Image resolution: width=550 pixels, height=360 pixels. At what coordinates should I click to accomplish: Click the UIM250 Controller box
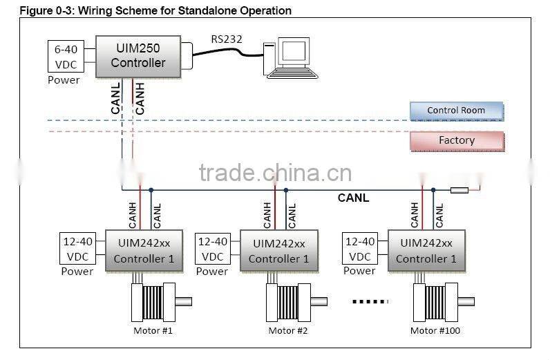tap(137, 55)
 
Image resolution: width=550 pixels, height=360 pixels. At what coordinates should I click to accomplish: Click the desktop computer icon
tap(288, 57)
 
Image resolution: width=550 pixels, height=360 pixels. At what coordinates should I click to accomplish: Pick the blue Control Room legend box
tap(456, 111)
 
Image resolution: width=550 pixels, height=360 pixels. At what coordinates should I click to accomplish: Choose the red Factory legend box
tap(456, 140)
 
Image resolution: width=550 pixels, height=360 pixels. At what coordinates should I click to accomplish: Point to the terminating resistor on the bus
tap(459, 190)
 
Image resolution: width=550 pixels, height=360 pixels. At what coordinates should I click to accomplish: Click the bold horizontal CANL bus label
tap(353, 198)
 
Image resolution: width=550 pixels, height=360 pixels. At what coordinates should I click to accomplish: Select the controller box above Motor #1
tap(144, 250)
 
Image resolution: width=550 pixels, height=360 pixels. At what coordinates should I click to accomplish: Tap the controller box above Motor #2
tap(278, 250)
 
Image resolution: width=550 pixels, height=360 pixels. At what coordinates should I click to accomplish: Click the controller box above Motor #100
tap(426, 250)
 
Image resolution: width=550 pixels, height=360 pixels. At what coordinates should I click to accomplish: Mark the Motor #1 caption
tap(153, 330)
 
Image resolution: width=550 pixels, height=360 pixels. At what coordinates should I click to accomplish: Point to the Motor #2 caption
tap(287, 330)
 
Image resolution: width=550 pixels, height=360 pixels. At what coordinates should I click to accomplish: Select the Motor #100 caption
tap(435, 330)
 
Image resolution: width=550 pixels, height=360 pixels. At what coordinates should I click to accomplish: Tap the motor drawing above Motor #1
tap(157, 301)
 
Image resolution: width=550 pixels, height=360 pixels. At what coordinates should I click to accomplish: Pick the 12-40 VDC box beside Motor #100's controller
tap(359, 249)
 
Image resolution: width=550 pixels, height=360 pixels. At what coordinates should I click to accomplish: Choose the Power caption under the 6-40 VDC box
tap(64, 80)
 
